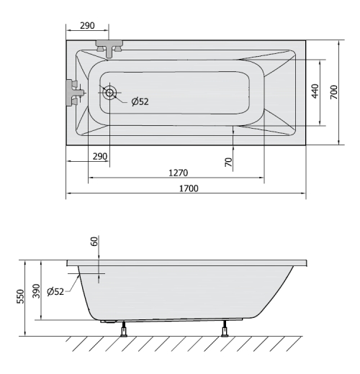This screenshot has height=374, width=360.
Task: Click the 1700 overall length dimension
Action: (189, 188)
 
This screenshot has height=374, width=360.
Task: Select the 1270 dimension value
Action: (178, 173)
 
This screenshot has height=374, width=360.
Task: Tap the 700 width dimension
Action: (334, 92)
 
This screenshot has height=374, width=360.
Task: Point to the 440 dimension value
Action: (315, 91)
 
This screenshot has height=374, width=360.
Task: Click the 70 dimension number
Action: (229, 162)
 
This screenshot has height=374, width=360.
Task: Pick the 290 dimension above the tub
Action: (87, 25)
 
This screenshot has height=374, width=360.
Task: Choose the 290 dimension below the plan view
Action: (100, 156)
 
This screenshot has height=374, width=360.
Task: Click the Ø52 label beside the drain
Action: (140, 101)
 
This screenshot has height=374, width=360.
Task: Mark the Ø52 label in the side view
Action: (55, 291)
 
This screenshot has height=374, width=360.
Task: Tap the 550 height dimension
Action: (21, 296)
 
